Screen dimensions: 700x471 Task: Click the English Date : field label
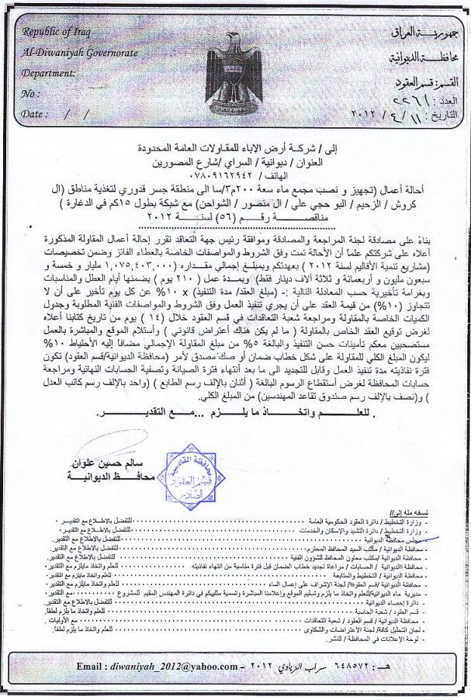[x=33, y=113]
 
